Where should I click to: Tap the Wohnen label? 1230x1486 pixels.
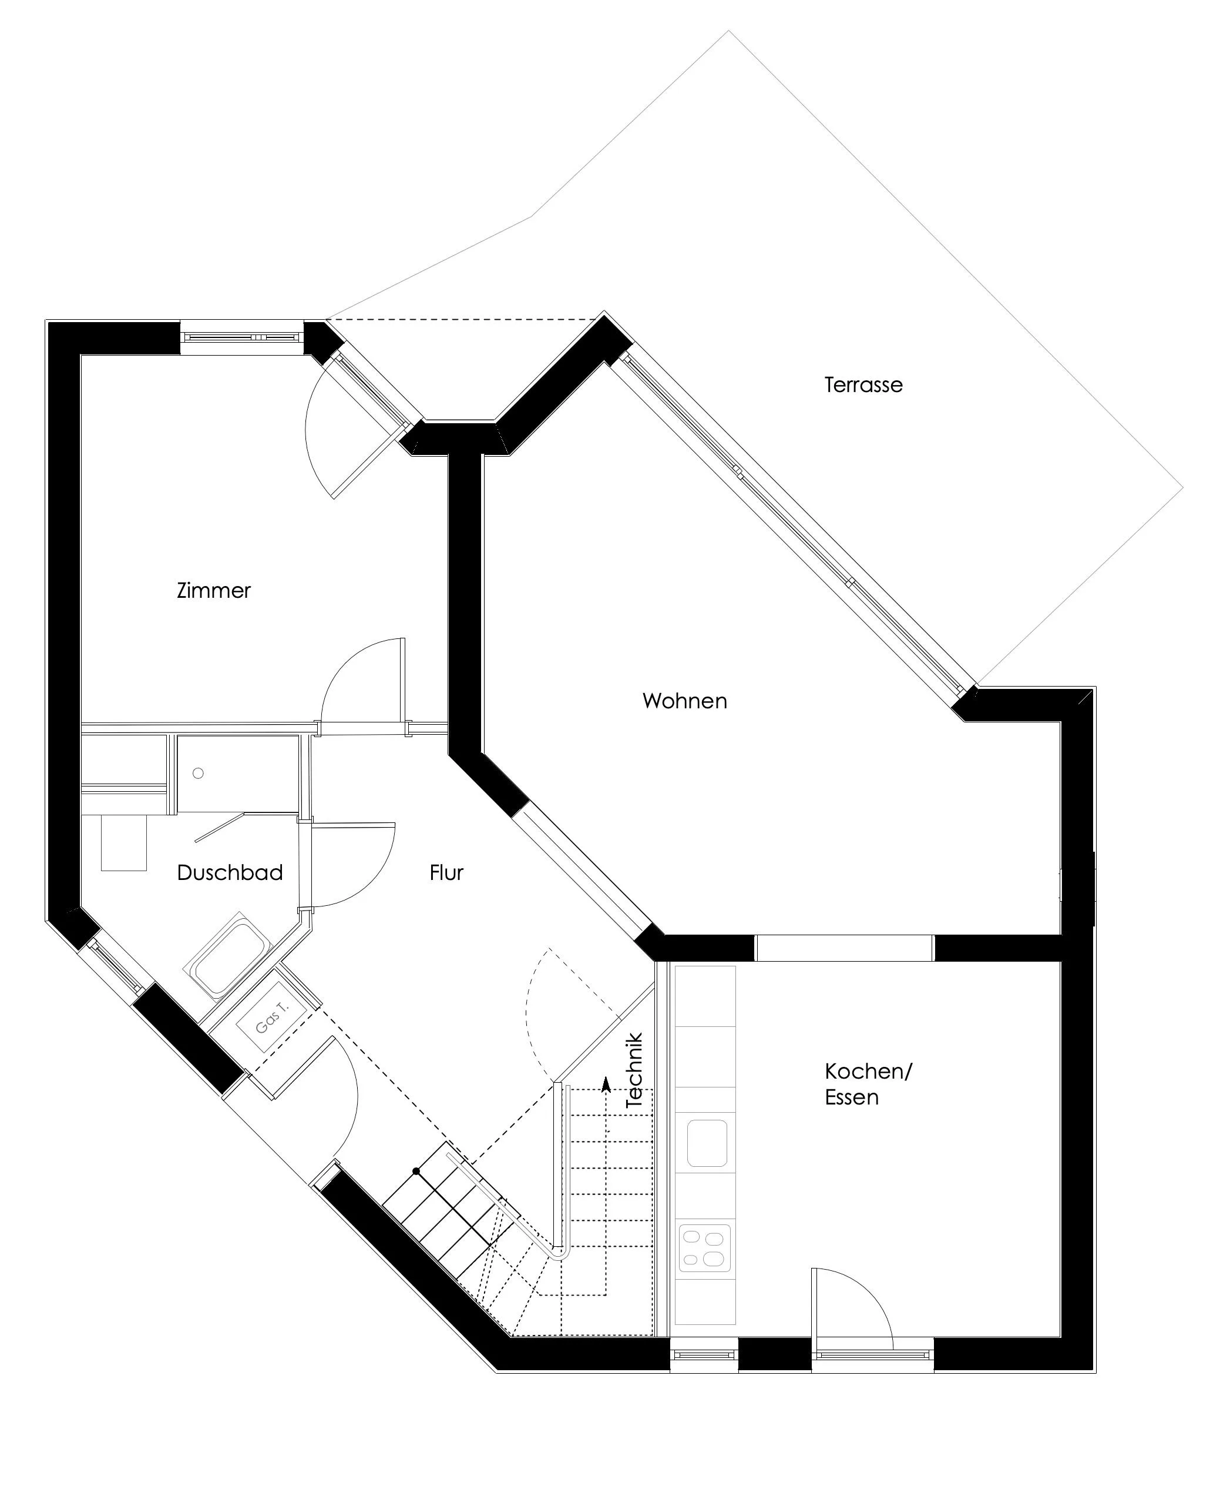(685, 701)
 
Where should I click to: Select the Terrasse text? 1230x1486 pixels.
(863, 385)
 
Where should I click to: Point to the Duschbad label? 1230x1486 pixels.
(230, 872)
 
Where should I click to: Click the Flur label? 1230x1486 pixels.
(446, 872)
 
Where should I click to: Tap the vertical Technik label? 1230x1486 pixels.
(634, 1070)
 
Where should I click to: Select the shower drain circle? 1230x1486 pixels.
(198, 774)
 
